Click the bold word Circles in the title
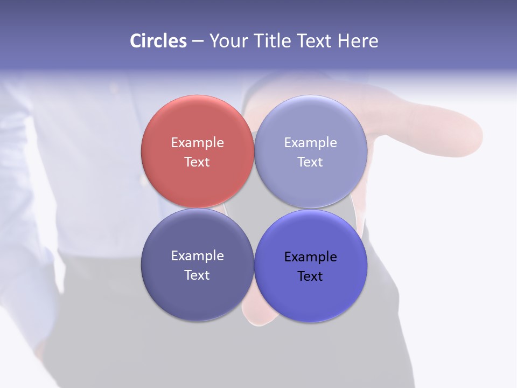coord(158,40)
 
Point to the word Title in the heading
coord(272,40)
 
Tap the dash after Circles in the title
coord(198,41)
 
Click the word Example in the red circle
coord(197,142)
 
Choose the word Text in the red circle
coord(197,162)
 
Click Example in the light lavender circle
coord(310,142)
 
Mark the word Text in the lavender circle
coord(310,162)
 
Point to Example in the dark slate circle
coord(197,255)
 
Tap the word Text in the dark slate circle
coord(197,275)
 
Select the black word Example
coord(310,257)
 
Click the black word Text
coord(310,276)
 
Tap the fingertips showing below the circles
coord(253,318)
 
